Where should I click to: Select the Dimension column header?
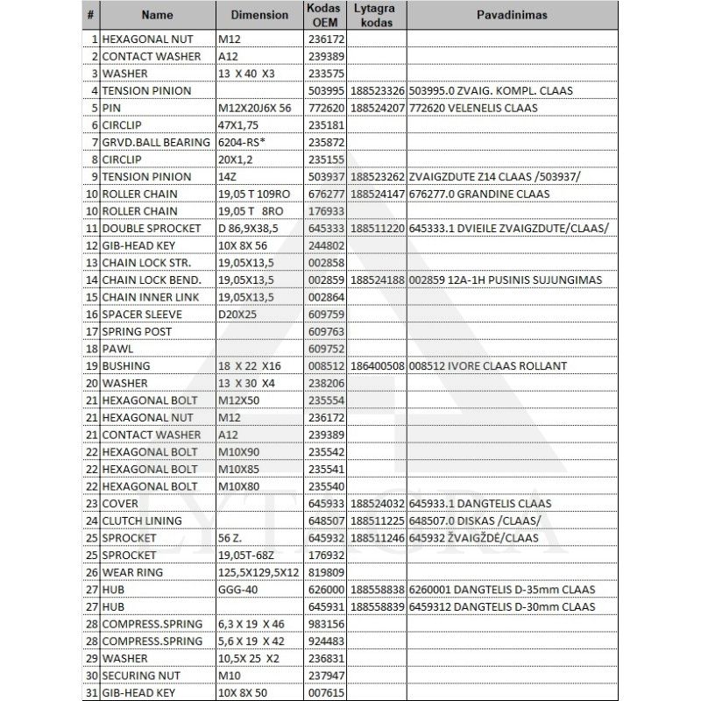(x=259, y=16)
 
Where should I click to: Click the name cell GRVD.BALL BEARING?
(x=156, y=142)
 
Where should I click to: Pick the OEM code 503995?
(x=326, y=90)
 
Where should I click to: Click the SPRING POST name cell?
(x=137, y=331)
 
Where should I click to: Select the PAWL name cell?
(x=117, y=349)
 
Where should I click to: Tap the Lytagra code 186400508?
(x=377, y=365)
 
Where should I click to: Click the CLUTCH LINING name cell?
(x=142, y=520)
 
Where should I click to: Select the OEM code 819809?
(x=326, y=572)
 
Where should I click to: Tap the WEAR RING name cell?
(x=133, y=572)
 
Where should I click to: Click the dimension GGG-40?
(x=237, y=589)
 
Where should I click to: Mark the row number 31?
(x=92, y=692)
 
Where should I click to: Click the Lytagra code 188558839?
(x=377, y=606)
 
